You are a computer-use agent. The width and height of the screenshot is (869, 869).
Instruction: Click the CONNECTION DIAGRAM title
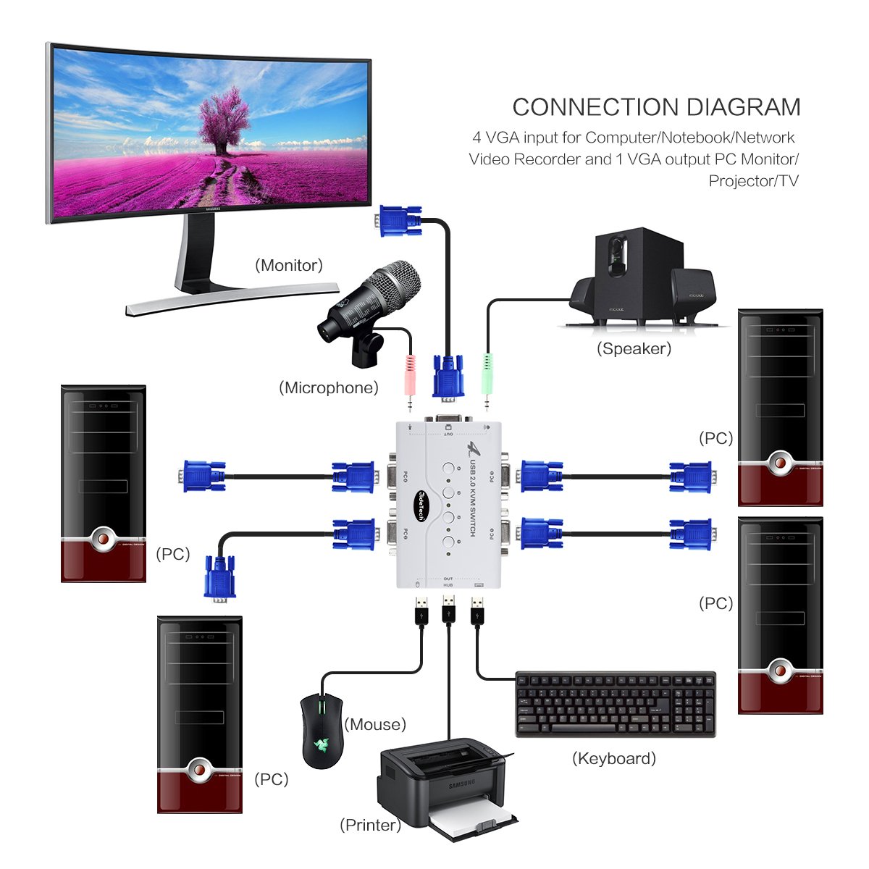(656, 107)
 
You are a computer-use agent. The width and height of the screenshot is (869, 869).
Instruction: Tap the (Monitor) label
(289, 265)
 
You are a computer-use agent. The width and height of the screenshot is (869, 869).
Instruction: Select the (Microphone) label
(329, 387)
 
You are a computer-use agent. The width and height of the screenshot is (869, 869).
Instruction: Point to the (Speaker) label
(634, 348)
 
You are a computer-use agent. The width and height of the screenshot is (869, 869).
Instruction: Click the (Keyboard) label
(614, 758)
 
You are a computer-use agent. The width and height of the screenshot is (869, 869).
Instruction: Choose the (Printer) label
(370, 825)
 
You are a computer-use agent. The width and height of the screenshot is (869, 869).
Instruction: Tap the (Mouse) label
(375, 724)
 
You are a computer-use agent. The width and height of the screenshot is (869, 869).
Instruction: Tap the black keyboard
(615, 704)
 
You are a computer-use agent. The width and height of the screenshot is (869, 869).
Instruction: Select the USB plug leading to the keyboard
(477, 611)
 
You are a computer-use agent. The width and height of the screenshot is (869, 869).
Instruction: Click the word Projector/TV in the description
(753, 180)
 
